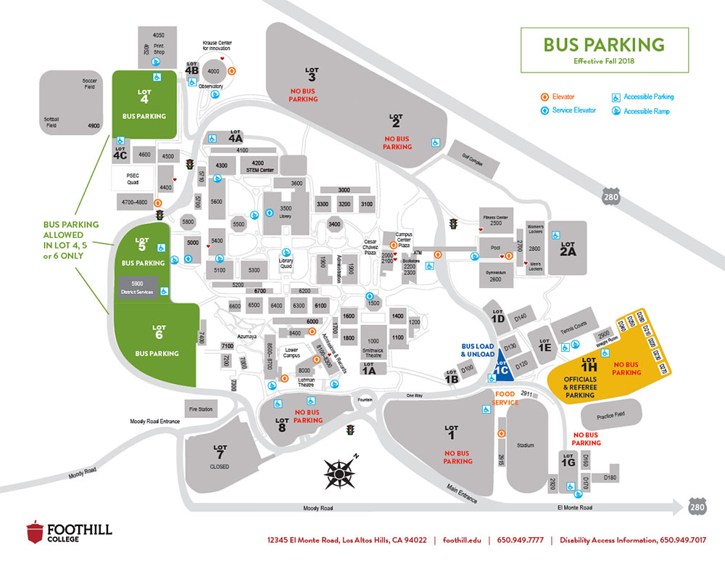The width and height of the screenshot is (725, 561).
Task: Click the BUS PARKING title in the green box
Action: point(604,45)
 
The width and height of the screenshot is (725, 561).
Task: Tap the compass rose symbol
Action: point(338,472)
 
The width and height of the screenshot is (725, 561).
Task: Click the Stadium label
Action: point(525,445)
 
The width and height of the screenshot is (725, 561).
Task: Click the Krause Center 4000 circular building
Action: point(213,72)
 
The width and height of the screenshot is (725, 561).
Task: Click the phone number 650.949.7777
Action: point(520,540)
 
